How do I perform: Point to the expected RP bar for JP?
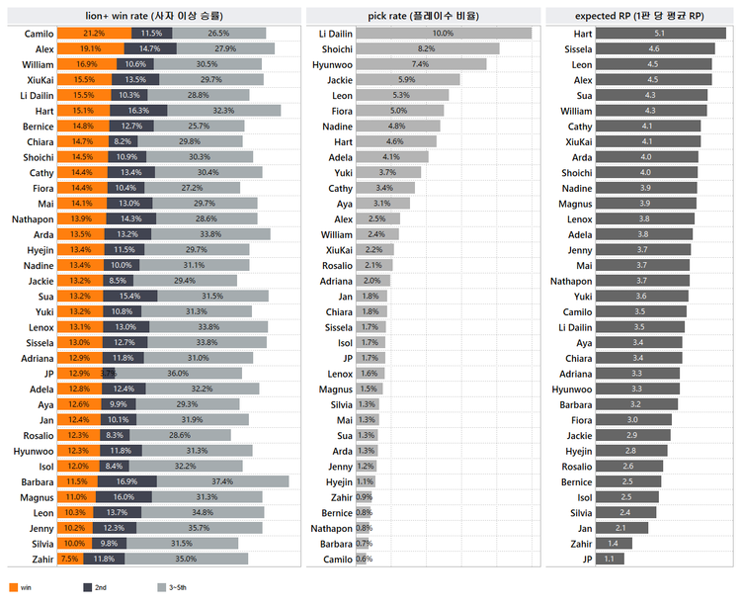(x=610, y=559)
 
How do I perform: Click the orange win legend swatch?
(x=13, y=587)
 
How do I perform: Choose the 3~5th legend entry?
(x=167, y=587)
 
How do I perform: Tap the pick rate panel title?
(x=423, y=16)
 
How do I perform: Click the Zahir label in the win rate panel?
(x=41, y=559)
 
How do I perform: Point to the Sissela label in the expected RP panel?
(x=579, y=48)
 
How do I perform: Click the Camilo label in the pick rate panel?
(x=337, y=560)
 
